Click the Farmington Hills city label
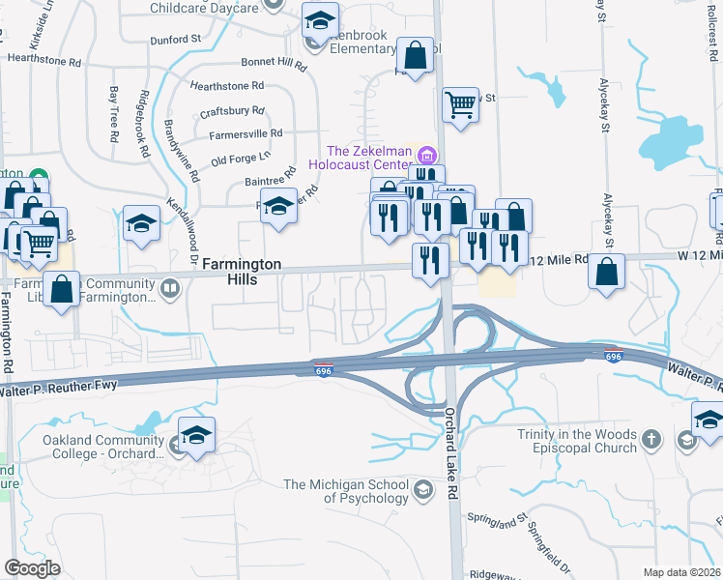point(242,272)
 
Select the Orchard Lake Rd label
point(452,440)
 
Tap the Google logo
point(33,568)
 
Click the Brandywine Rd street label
point(172,151)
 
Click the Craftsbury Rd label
point(231,111)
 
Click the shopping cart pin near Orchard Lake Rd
point(461,103)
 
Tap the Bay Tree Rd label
point(114,115)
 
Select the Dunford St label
point(175,41)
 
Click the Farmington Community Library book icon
point(169,288)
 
